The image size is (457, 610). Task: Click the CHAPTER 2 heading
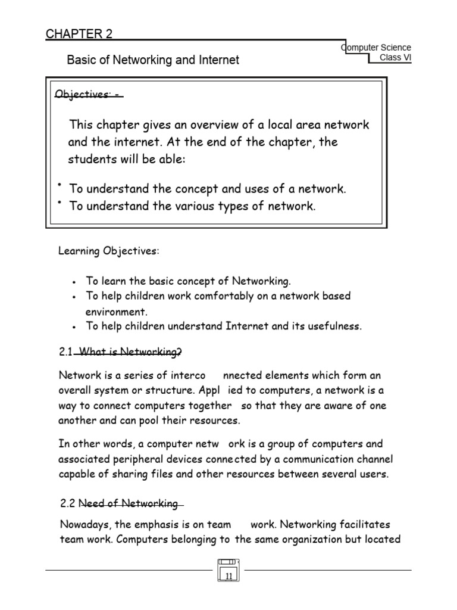click(x=79, y=34)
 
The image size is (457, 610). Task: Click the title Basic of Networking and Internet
click(x=153, y=60)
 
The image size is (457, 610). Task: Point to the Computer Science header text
click(x=377, y=47)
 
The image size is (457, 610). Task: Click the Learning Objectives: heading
click(x=108, y=251)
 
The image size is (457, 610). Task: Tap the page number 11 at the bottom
click(x=229, y=575)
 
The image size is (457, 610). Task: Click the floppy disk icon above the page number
click(x=228, y=562)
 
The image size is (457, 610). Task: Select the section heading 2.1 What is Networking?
click(x=121, y=352)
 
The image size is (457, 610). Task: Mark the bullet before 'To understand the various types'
click(x=61, y=203)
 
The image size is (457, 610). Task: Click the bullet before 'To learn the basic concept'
click(x=73, y=281)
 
